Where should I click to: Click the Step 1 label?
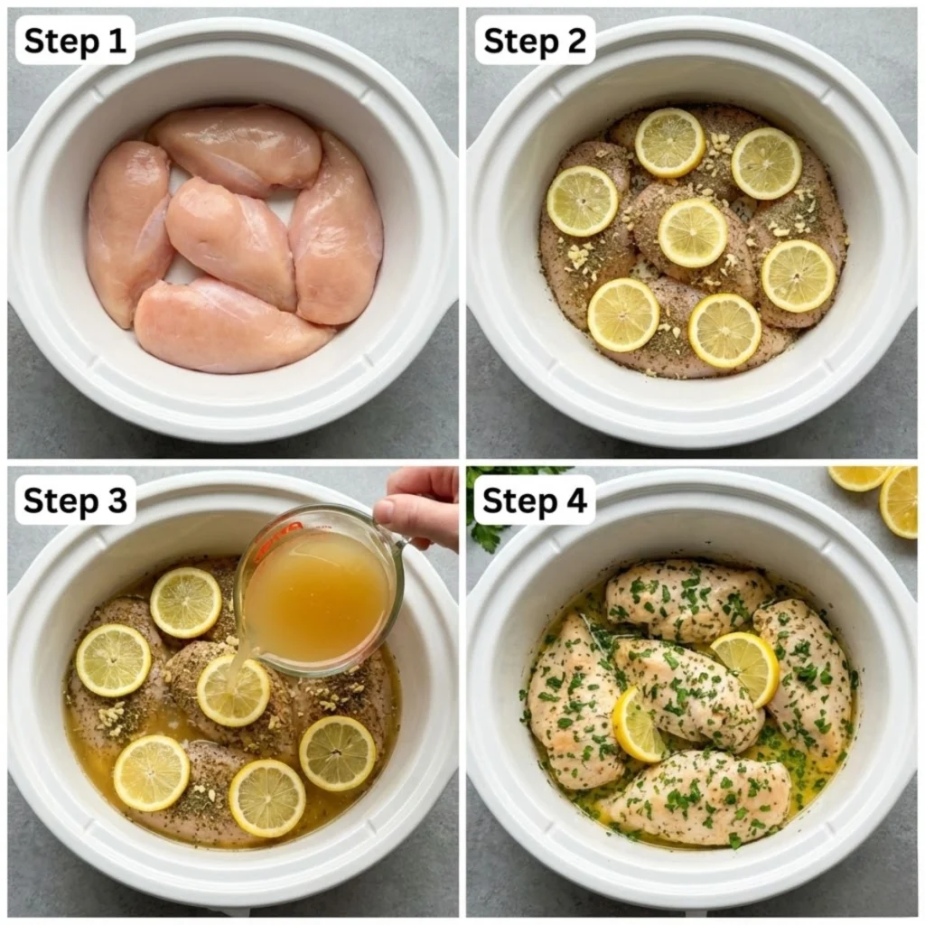pyautogui.click(x=75, y=41)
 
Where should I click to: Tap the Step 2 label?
pyautogui.click(x=535, y=41)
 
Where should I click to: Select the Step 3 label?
pyautogui.click(x=75, y=500)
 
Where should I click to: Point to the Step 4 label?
pyautogui.click(x=535, y=500)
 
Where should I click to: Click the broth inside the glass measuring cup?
pyautogui.click(x=316, y=596)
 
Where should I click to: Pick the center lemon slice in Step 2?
pyautogui.click(x=693, y=232)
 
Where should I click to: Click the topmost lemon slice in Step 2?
pyautogui.click(x=669, y=143)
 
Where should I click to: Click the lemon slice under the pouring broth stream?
pyautogui.click(x=233, y=691)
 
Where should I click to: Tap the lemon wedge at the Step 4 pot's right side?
pyautogui.click(x=747, y=666)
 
